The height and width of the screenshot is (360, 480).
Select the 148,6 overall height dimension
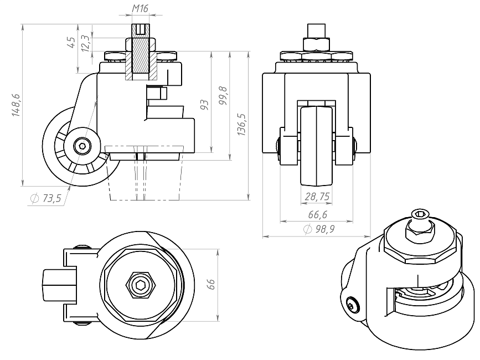point(17,104)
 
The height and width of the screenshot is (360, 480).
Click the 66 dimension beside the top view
point(211,285)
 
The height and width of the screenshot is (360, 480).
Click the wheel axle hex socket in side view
point(82,146)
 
